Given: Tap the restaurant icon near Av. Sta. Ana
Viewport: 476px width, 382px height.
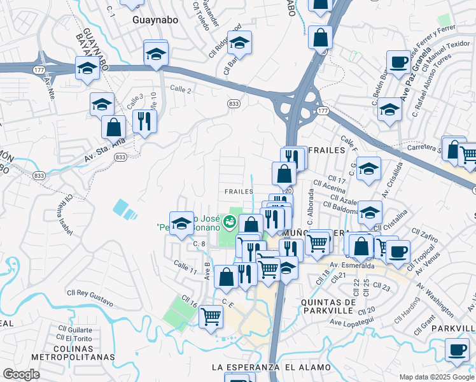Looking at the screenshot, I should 145,122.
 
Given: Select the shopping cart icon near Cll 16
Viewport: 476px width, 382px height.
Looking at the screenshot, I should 211,316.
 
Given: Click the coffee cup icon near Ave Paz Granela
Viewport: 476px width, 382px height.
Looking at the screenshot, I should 398,62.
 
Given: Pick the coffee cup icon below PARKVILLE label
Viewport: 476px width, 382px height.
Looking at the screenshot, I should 456,351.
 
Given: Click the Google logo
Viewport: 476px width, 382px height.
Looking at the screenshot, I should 22,374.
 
